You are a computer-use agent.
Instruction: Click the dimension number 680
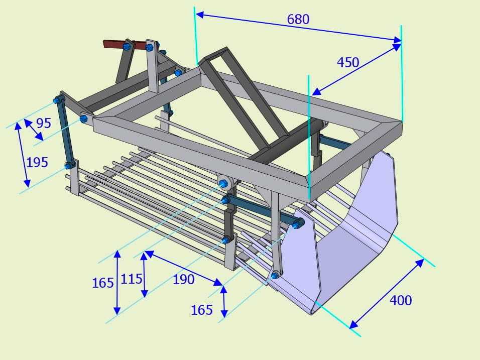298,19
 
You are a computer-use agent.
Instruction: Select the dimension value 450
348,63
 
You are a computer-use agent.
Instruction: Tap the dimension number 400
401,300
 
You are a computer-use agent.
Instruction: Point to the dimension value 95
44,123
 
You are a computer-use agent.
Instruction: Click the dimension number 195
37,162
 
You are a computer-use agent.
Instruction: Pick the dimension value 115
132,279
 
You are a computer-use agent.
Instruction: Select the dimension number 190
184,280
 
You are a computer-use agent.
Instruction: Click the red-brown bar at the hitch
124,45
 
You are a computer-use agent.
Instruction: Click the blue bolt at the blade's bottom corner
274,276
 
